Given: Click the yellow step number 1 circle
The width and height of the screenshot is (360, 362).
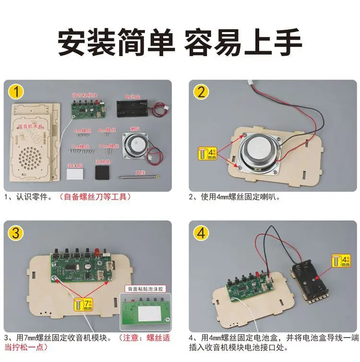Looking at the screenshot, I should click(x=17, y=91).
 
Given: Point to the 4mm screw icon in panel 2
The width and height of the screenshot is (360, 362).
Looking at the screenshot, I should click(x=208, y=154).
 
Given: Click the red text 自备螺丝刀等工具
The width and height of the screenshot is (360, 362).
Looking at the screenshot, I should click(x=94, y=196).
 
